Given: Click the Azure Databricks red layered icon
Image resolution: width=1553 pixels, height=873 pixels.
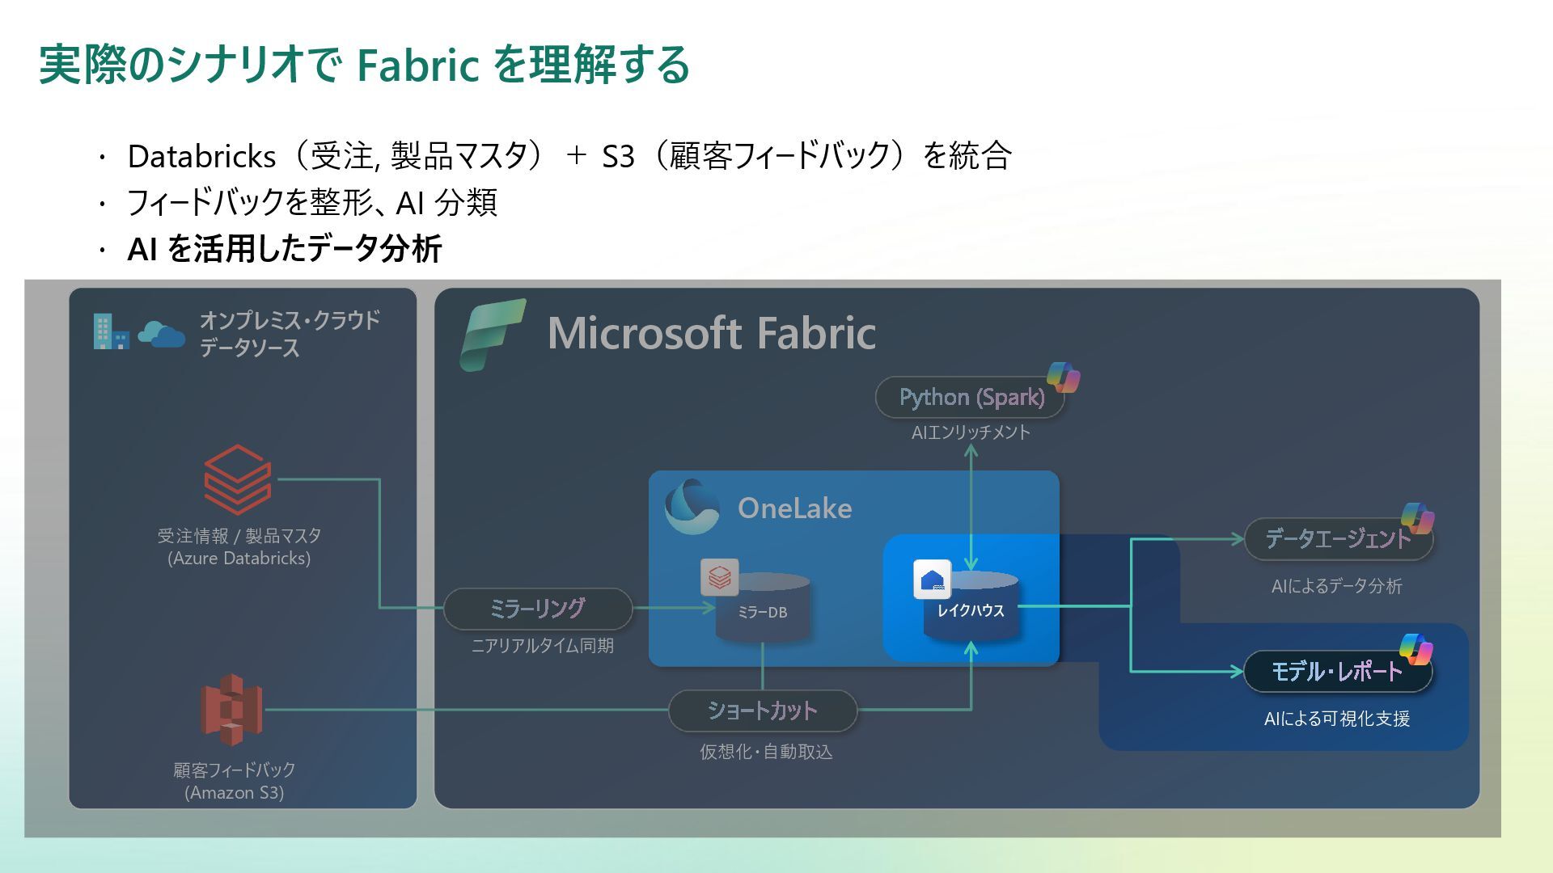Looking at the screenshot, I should (237, 479).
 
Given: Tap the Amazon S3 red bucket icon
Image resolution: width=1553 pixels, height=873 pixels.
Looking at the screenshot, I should (231, 710).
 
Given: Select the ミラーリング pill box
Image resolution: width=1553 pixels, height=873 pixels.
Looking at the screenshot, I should (538, 609).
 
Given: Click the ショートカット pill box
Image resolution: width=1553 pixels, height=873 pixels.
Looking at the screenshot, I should (762, 711).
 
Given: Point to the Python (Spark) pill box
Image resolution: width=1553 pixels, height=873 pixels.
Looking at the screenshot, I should (971, 398).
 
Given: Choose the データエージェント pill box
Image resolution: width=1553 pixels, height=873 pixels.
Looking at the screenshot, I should (1337, 539).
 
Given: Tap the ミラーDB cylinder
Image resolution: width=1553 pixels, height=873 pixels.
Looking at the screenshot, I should (762, 608).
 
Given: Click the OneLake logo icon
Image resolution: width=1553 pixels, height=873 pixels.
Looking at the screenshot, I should (692, 508).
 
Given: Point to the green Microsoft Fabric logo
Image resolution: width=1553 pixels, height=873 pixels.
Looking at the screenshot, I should (492, 335).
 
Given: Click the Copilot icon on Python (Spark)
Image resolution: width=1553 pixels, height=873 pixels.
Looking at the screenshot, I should (1063, 377).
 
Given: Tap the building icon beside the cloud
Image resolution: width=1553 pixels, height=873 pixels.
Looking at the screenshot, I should (110, 331).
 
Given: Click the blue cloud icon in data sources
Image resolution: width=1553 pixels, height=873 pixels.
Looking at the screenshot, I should (161, 333).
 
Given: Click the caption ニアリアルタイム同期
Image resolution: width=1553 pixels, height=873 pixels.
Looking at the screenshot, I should (543, 646).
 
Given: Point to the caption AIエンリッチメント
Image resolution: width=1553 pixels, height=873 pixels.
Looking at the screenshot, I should (971, 432).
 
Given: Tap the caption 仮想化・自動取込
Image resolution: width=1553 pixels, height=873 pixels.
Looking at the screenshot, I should (766, 752).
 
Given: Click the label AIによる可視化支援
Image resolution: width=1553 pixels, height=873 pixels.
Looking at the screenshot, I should (1337, 719).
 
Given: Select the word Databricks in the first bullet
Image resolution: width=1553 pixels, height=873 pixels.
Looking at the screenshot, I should (201, 156).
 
